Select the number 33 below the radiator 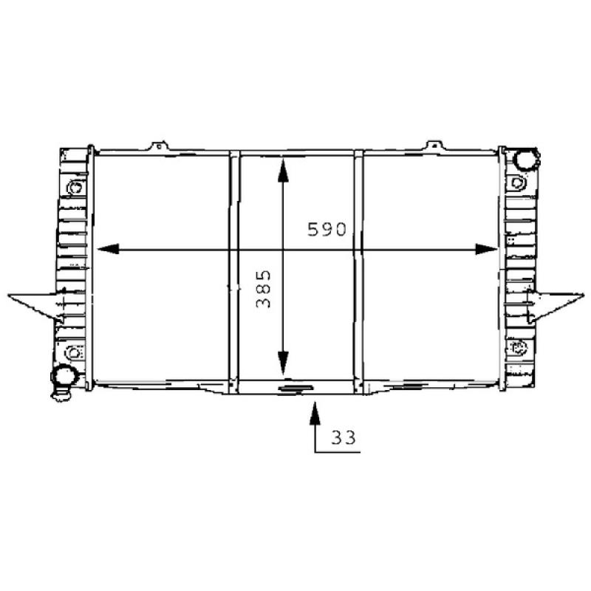point(343,437)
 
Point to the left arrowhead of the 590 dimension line point(106,249)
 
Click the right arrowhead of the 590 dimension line point(488,249)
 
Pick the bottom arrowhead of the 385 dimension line point(281,366)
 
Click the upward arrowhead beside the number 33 point(315,410)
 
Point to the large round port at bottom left point(65,375)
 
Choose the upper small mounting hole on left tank point(74,188)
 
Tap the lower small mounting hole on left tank point(72,351)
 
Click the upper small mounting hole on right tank point(517,182)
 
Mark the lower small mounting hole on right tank point(517,346)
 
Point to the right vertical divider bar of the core point(358,270)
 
